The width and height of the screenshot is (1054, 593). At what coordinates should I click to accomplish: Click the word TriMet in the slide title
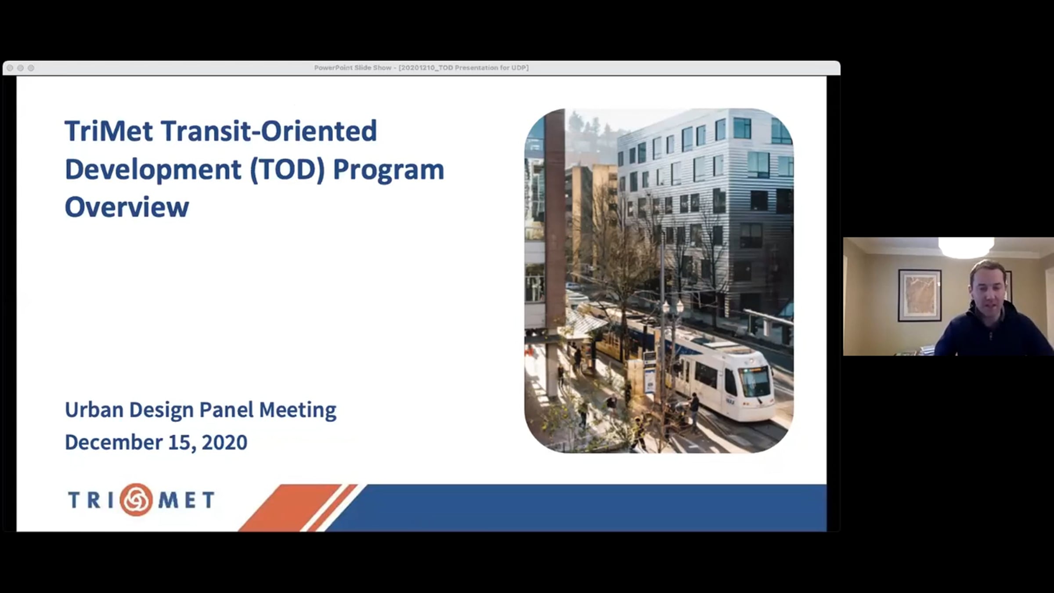[x=109, y=131]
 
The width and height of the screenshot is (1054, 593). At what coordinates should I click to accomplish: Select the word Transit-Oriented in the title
[x=269, y=131]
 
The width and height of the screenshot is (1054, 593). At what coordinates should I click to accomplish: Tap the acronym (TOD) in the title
[x=287, y=170]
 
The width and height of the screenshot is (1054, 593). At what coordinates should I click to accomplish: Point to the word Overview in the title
[x=127, y=207]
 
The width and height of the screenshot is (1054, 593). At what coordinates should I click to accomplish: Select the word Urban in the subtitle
[x=94, y=409]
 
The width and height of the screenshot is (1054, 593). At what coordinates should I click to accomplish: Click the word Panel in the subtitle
[x=227, y=409]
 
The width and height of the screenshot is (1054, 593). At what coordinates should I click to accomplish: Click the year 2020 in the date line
[x=224, y=442]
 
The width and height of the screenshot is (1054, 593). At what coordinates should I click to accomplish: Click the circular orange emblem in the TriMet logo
[x=137, y=499]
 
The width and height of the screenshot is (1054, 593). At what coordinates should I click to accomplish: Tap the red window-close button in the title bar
[x=10, y=68]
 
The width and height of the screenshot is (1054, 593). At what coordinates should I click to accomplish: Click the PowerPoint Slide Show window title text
[x=421, y=68]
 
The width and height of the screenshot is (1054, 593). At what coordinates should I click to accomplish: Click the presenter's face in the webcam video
[x=989, y=290]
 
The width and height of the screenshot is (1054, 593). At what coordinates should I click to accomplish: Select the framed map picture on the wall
[x=920, y=295]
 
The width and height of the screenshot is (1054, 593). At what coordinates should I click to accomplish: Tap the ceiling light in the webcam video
[x=966, y=247]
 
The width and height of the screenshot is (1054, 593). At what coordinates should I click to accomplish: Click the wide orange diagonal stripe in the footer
[x=290, y=508]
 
